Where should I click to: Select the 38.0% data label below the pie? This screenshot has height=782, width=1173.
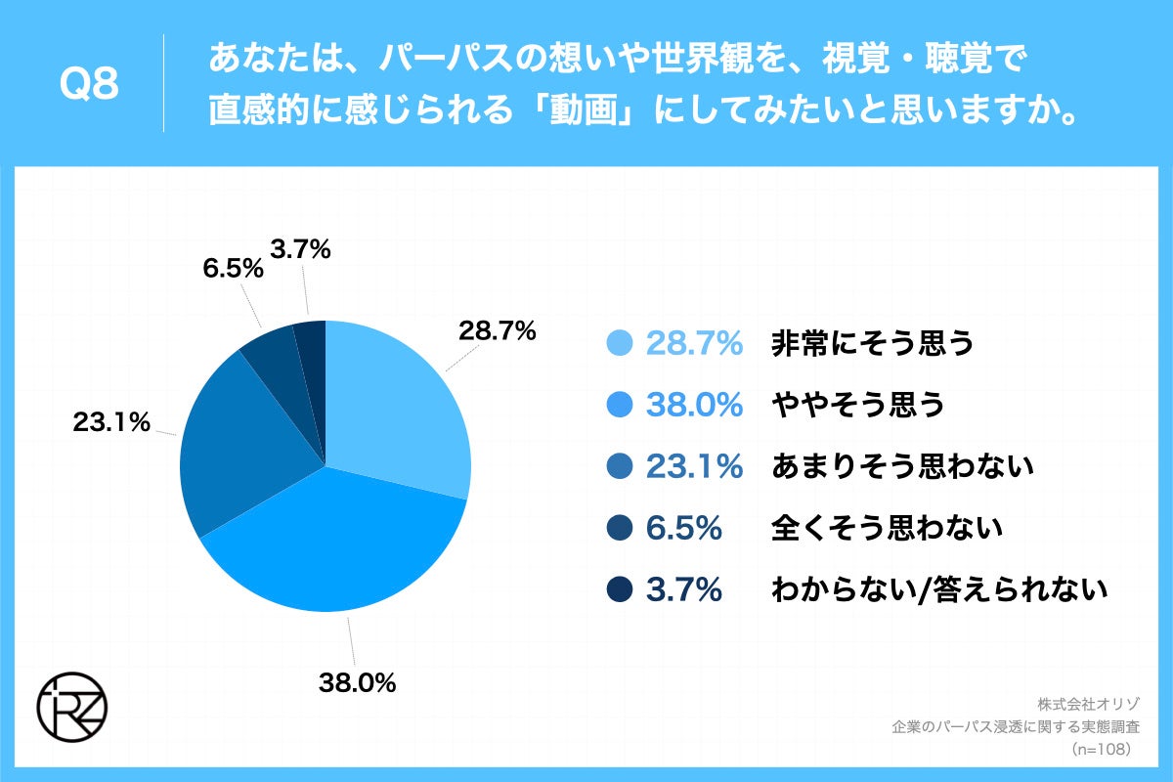[x=358, y=683]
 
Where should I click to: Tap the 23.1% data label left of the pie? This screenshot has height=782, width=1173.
[x=110, y=422]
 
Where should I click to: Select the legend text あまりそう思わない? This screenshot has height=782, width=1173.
[x=902, y=467]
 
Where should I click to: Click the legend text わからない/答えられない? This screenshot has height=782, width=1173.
[x=939, y=590]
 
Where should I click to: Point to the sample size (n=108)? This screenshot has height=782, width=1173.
[x=1102, y=749]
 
